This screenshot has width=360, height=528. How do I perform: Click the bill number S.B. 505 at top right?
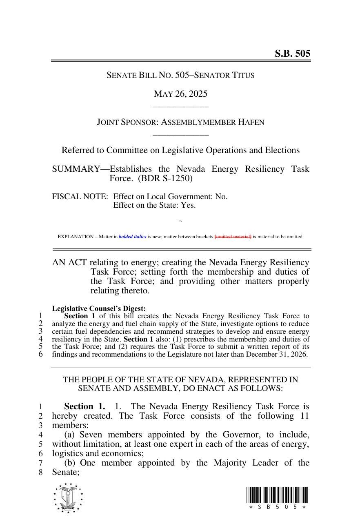292,53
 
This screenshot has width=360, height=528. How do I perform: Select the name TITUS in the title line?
243,75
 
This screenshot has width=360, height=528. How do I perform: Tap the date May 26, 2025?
180,94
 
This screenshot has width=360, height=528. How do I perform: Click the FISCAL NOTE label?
80,196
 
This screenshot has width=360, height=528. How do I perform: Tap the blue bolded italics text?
132,237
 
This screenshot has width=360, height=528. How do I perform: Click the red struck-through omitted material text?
233,237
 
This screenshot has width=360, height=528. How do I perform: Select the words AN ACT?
69,262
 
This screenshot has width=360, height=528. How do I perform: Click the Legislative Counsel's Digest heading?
99,308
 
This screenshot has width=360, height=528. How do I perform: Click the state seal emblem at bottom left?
68,498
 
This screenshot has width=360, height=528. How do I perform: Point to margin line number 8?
40,472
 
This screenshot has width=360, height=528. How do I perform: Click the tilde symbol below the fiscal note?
180,221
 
